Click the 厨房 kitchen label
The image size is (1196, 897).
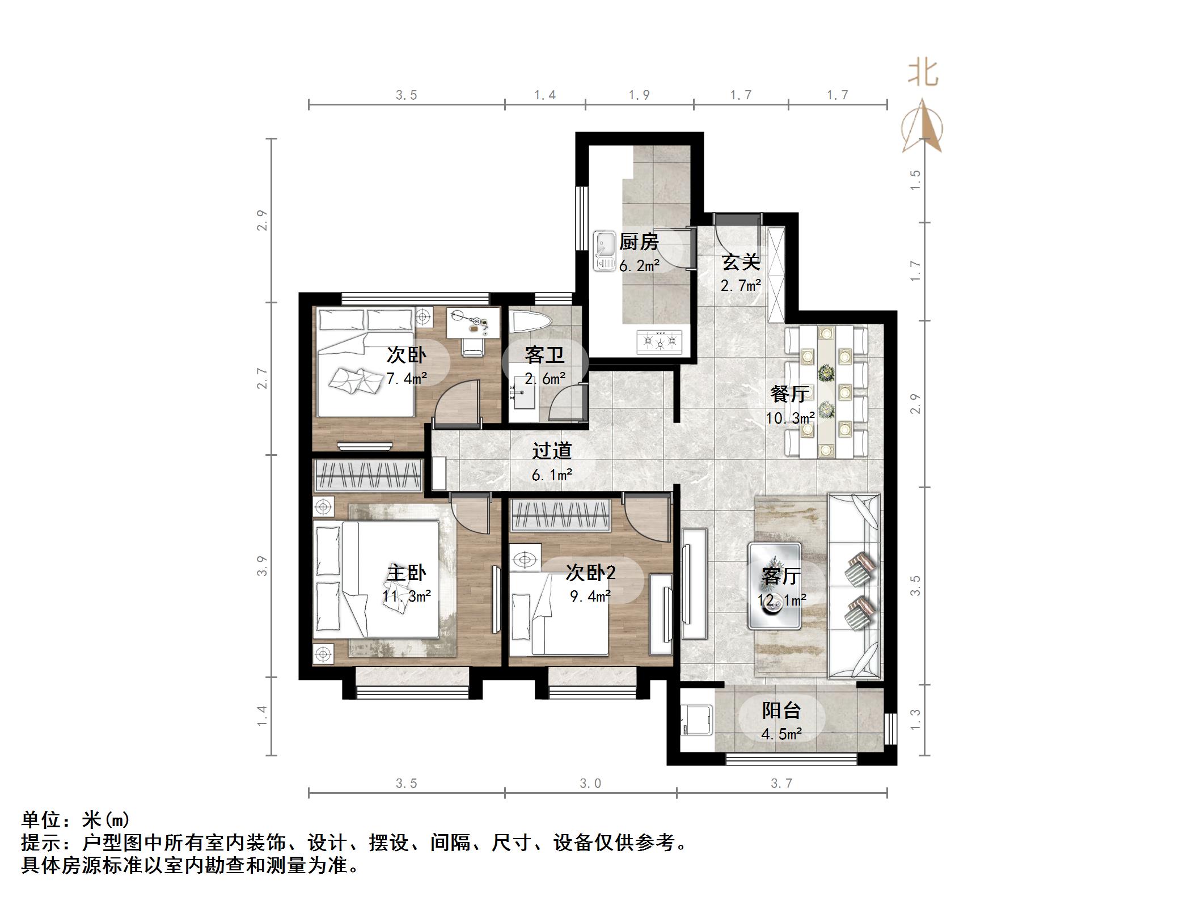[x=639, y=242]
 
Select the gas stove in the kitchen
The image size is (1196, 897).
[x=660, y=341]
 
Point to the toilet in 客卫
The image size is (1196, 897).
[x=531, y=321]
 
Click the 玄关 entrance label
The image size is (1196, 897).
[x=741, y=263]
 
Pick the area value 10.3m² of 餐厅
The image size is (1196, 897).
[x=790, y=418]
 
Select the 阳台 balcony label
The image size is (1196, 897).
[x=781, y=710]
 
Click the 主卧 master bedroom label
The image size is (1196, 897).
[x=406, y=573]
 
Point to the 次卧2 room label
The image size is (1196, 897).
[x=590, y=573]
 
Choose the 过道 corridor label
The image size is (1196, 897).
[x=551, y=451]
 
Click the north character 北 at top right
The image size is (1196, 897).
[x=923, y=74]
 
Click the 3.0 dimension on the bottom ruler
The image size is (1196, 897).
[x=590, y=784]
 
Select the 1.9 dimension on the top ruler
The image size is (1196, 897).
[x=639, y=95]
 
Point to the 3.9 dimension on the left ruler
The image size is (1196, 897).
[x=261, y=566]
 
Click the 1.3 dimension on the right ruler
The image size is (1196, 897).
[x=915, y=719]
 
